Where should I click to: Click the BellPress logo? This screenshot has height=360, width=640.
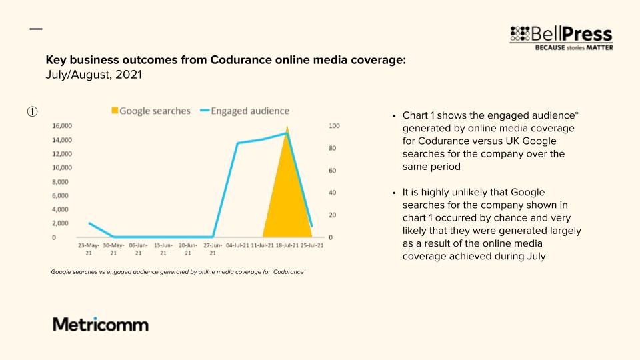pos(561,38)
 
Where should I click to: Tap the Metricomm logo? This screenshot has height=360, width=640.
pos(101,325)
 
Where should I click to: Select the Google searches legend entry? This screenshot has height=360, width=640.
pos(151,111)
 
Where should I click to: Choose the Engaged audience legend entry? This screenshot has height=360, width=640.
pos(245,111)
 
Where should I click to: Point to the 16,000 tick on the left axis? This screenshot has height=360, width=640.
pos(62,126)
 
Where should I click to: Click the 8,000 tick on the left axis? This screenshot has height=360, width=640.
pos(61,181)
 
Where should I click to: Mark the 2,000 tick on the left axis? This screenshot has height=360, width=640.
pos(61,223)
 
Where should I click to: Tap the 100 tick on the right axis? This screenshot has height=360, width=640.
pos(334,126)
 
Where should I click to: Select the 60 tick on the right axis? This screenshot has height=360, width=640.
pos(333,171)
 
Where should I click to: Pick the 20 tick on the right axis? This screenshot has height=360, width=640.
pos(333,215)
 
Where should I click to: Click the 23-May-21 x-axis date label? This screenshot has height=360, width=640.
pos(89,249)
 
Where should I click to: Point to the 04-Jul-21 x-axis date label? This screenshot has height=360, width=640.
pos(237,245)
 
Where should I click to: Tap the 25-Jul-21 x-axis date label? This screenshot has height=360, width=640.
pos(312,245)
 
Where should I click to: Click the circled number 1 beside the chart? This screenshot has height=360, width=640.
pos(32,111)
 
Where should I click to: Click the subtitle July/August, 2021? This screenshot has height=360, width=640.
pos(94,75)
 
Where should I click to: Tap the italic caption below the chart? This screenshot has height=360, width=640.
pos(178,272)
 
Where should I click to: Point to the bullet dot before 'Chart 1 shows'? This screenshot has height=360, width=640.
pos(394,116)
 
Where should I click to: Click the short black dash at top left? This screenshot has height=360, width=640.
pos(36,29)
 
